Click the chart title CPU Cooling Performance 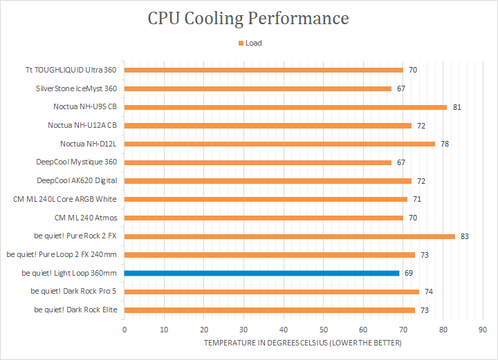(248, 18)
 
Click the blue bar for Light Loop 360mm (262, 273)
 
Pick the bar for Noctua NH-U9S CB (286, 107)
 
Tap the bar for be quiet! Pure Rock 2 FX (290, 236)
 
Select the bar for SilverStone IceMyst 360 (258, 88)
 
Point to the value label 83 (465, 236)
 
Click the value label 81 (456, 107)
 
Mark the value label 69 (409, 273)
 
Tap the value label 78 (445, 144)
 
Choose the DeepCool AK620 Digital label (77, 180)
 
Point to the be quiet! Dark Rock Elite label (75, 310)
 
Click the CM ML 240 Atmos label (86, 218)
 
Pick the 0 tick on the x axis (124, 330)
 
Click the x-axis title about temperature (302, 343)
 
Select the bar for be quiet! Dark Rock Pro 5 (272, 292)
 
